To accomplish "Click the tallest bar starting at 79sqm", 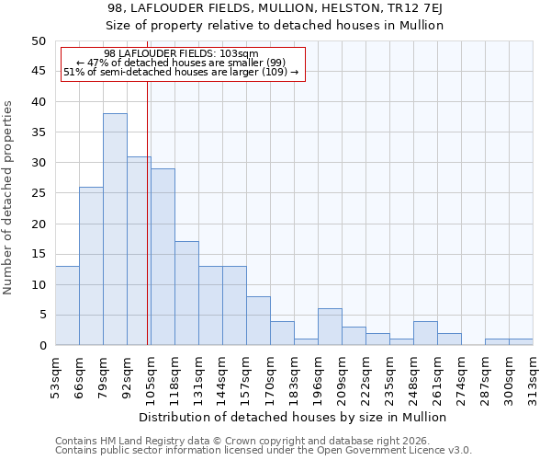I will [x=115, y=229].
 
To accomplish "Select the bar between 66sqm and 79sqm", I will [x=91, y=266].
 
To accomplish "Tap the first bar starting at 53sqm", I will [x=67, y=305].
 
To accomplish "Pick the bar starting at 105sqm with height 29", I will [x=163, y=257].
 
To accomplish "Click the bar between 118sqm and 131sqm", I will [x=186, y=293].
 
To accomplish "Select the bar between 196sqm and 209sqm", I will [x=330, y=328].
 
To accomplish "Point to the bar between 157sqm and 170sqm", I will [x=258, y=321].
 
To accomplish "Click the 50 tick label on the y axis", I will [x=38, y=41].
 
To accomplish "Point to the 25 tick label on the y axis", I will [x=38, y=193].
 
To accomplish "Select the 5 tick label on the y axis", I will [x=41, y=316].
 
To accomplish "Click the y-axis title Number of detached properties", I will [x=9, y=198].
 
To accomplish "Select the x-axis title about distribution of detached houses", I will [x=292, y=417].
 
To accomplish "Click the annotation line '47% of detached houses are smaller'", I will [x=182, y=63].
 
